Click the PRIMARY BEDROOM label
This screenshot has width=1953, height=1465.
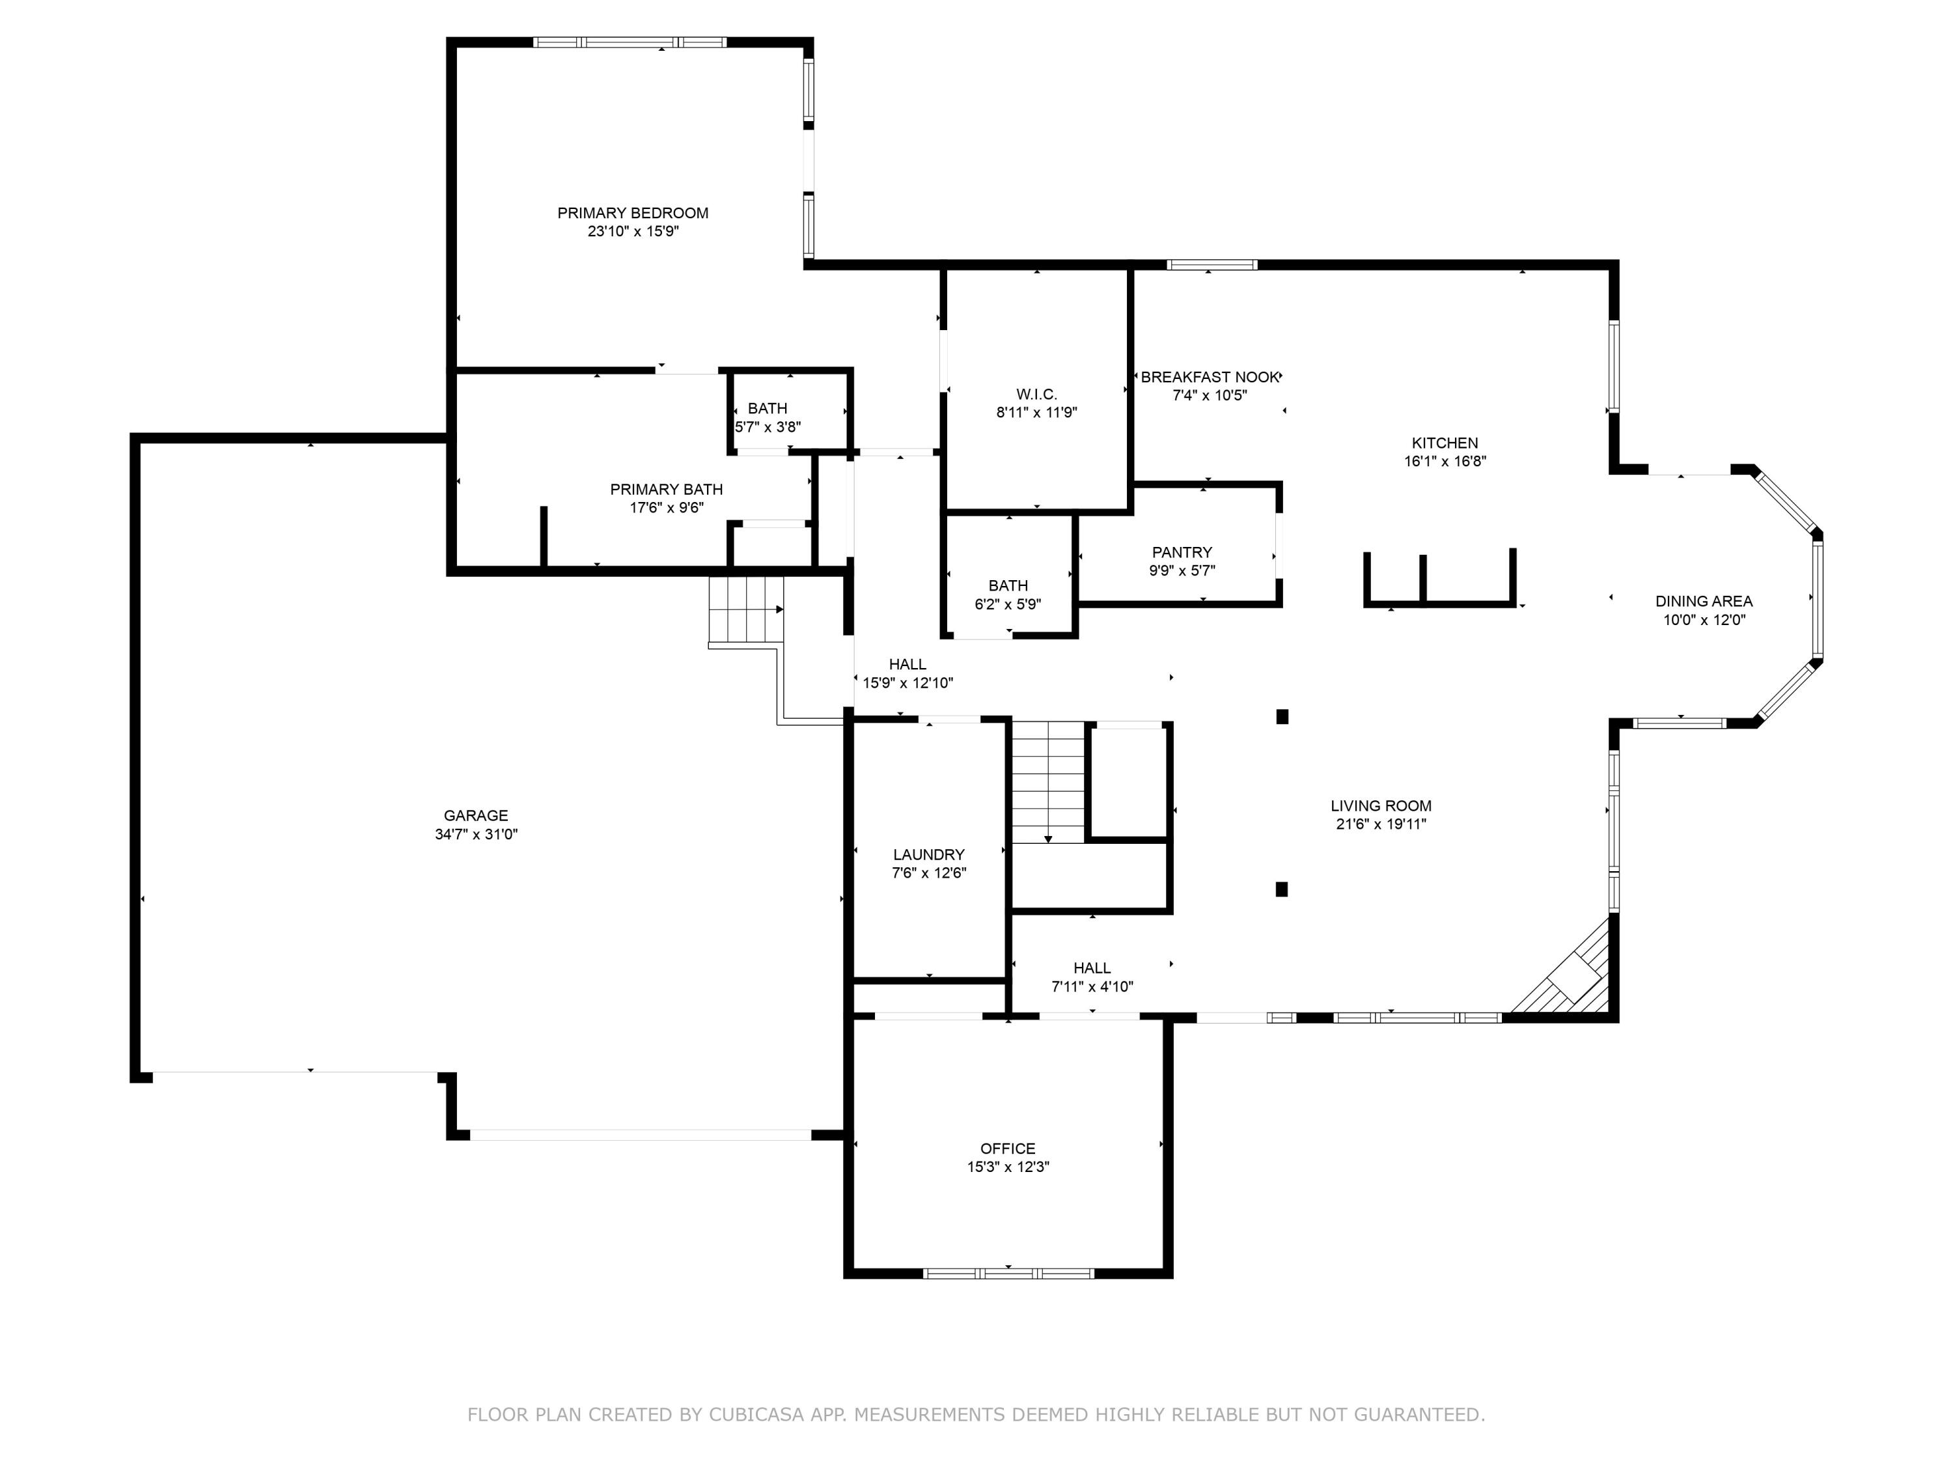point(632,213)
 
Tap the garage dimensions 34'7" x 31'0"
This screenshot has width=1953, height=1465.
point(476,833)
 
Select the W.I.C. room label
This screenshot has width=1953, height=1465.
point(1036,394)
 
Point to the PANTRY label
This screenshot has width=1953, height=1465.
point(1182,552)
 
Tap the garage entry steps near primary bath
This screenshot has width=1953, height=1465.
point(746,609)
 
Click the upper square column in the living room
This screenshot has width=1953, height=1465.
point(1282,717)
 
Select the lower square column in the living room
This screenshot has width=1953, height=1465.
point(1282,889)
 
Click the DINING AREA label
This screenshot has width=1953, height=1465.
point(1703,602)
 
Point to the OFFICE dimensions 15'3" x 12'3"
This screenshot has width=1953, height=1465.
point(1007,1167)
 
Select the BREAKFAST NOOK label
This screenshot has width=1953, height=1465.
point(1209,377)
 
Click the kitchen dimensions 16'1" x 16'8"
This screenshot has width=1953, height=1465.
point(1445,461)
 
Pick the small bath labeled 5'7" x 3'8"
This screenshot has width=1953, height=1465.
point(768,417)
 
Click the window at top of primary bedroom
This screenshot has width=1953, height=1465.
point(630,42)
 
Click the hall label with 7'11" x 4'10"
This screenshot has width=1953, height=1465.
point(1092,977)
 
